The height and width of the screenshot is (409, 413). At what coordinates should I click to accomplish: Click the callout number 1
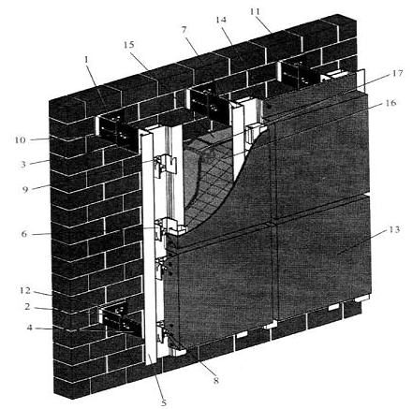coord(86,60)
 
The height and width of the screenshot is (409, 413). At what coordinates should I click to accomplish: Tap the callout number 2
coord(28,307)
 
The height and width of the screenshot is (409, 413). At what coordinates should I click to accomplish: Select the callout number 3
coord(23,165)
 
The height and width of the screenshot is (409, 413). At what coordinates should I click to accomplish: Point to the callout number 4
coord(29,328)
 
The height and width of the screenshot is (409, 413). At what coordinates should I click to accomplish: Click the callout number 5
coord(164,402)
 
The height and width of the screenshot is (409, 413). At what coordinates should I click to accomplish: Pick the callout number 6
coord(24,234)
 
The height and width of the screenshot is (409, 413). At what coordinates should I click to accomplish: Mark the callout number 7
coord(184,30)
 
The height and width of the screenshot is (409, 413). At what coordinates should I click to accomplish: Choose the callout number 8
coord(216,381)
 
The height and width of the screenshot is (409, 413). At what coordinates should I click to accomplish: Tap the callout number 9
coord(25,189)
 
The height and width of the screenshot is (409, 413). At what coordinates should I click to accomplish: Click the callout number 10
coord(20,140)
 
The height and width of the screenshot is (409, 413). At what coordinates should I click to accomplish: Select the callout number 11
coord(255,12)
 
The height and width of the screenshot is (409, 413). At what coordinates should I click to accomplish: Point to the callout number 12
coord(25,291)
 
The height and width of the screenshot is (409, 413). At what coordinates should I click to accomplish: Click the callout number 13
coord(394,229)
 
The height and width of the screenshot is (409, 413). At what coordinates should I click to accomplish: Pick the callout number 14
coord(221,20)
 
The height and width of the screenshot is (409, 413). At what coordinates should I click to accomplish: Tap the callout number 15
coord(128,45)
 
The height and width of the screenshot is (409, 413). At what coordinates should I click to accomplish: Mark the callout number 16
coord(391,103)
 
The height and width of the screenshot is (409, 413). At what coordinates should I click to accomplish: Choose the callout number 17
coord(398,74)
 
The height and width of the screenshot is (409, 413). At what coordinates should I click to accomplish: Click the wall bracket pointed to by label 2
coord(120,320)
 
